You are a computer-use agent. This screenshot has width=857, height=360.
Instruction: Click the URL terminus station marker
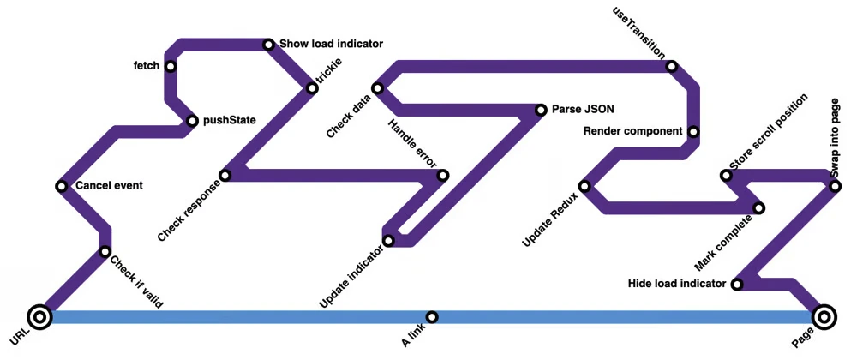click(40, 317)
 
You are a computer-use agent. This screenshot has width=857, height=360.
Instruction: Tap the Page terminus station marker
click(824, 317)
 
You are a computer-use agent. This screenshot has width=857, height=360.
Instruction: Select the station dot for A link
click(432, 317)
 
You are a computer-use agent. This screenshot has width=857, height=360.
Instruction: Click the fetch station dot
click(171, 67)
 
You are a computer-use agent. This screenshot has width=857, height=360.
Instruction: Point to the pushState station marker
click(192, 121)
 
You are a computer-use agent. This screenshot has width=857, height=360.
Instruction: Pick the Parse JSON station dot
click(541, 110)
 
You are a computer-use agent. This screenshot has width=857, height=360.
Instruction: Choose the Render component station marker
click(693, 132)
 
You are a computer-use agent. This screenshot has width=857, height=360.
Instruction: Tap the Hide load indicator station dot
click(737, 284)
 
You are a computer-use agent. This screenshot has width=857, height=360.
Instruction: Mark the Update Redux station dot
click(584, 186)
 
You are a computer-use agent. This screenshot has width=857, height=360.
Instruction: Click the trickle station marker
click(312, 88)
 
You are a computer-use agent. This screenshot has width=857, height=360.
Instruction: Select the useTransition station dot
click(672, 67)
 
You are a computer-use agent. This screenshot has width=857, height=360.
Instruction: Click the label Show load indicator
click(331, 44)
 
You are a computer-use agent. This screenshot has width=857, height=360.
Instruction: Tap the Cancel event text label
click(109, 186)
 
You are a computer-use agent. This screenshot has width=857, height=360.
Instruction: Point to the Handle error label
click(413, 143)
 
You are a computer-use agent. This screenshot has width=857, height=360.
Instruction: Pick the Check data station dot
click(377, 88)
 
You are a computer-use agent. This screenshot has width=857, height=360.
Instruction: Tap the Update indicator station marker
click(388, 240)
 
